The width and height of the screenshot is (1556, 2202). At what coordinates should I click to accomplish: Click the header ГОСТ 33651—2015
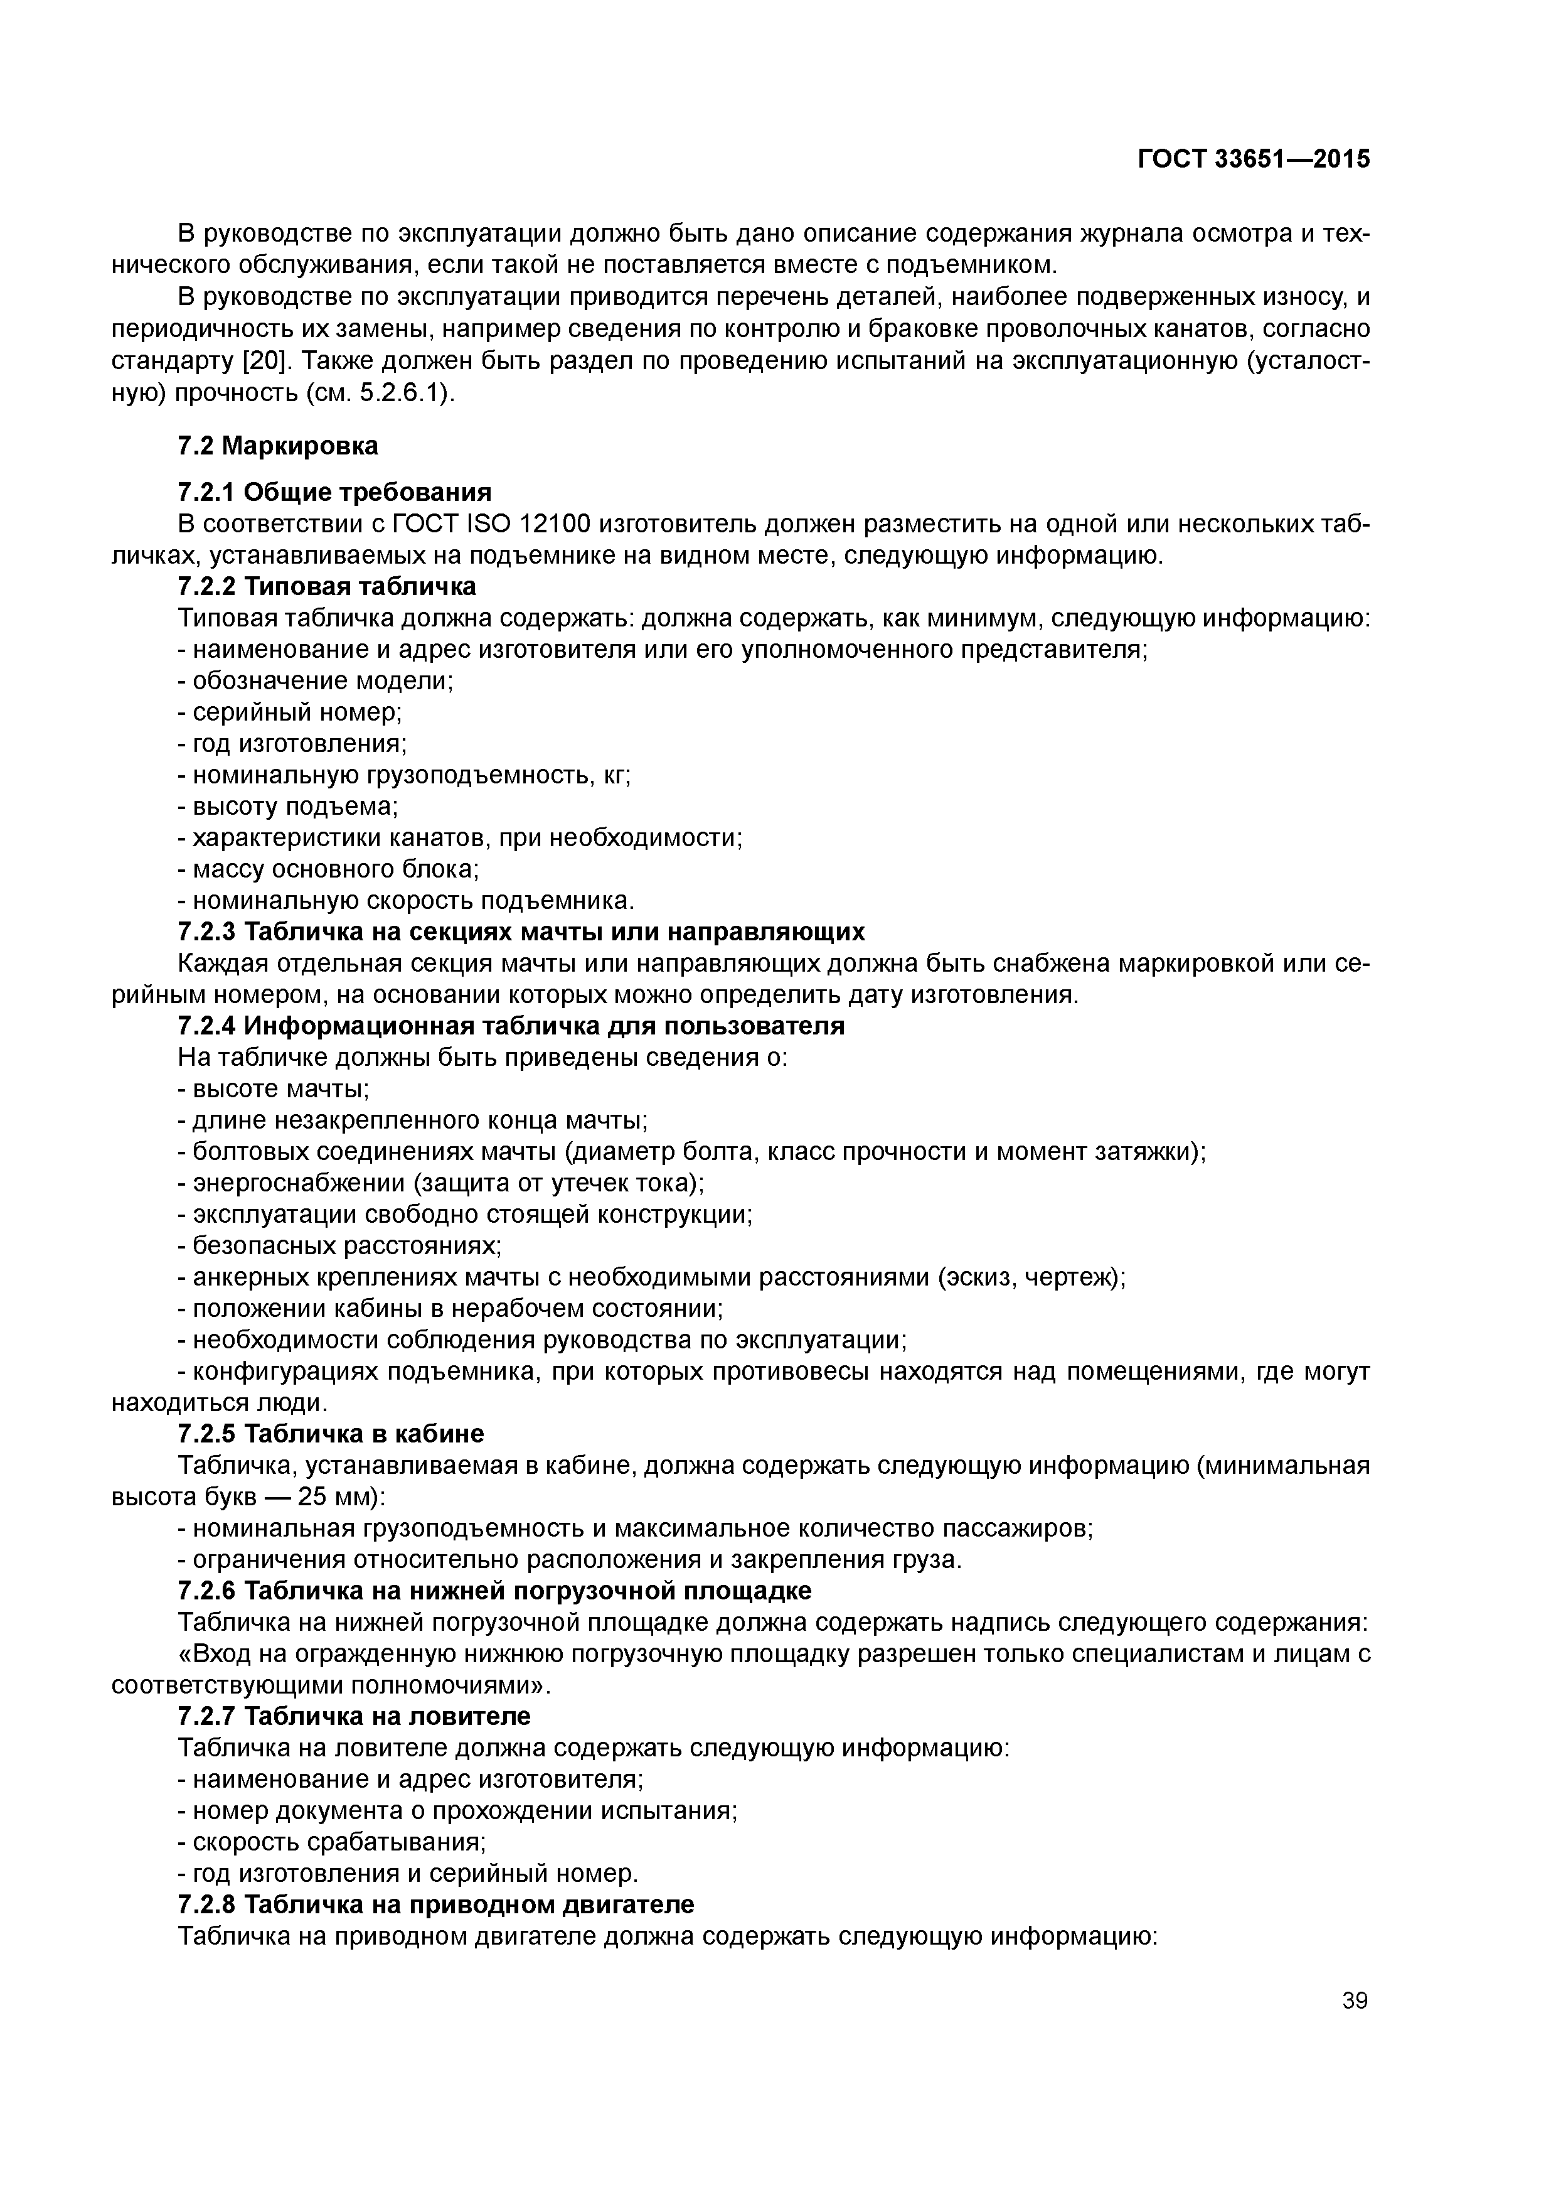click(x=1253, y=159)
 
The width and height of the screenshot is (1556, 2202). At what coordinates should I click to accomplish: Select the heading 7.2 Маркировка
click(x=278, y=446)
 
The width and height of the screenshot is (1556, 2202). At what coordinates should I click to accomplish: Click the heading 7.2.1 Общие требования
click(x=334, y=493)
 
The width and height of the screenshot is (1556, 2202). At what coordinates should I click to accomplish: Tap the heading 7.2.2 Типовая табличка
click(x=327, y=586)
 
